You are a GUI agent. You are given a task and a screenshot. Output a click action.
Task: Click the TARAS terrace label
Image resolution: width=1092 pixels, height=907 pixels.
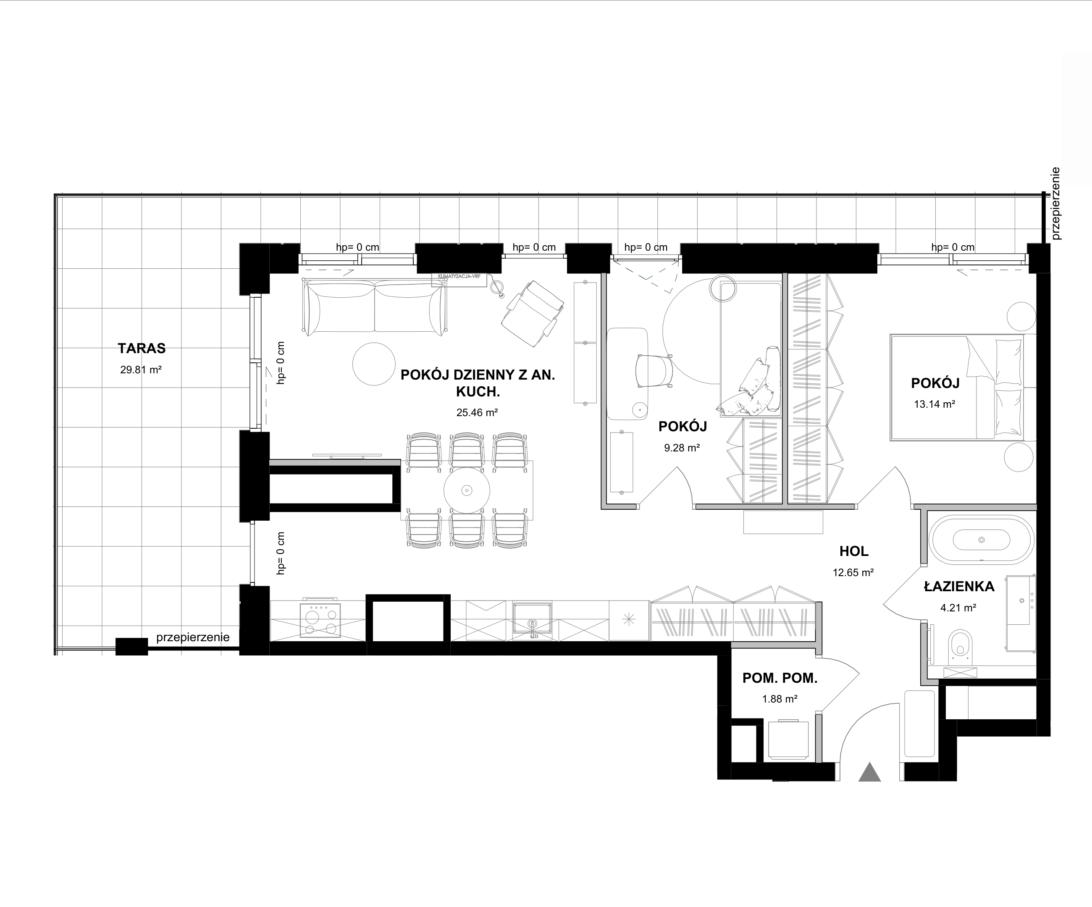142,348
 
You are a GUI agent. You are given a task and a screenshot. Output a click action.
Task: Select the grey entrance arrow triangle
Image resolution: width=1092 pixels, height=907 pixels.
869,772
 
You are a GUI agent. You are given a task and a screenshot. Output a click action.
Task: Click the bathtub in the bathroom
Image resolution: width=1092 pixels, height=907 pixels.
982,540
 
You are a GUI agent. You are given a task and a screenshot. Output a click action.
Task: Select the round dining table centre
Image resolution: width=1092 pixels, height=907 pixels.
467,490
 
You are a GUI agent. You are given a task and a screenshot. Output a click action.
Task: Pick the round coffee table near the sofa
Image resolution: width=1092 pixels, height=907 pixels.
374,364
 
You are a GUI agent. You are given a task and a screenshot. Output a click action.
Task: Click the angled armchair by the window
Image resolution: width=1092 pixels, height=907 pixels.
533,313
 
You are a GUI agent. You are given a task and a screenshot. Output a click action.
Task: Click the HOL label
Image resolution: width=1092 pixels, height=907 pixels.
854,551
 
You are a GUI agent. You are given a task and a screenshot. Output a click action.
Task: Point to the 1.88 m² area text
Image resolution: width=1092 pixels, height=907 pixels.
780,699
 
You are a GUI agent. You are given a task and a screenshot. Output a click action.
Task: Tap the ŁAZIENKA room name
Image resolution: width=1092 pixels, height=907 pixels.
959,586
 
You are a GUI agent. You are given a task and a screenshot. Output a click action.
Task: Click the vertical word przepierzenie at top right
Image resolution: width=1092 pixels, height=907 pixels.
1055,203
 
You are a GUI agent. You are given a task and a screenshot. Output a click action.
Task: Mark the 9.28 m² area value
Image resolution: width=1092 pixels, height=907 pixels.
682,448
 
